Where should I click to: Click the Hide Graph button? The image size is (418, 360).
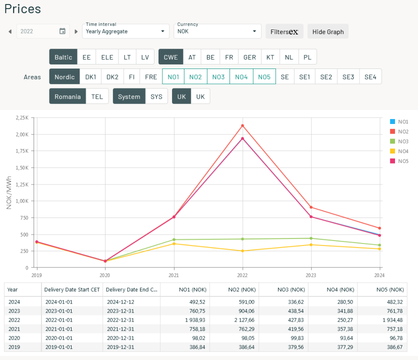(x=328, y=31)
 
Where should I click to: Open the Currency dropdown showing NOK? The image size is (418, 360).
(x=217, y=31)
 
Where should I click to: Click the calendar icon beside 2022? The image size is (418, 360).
(x=62, y=31)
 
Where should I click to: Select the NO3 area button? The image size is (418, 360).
(x=218, y=76)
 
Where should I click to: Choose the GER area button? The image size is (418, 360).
(x=249, y=57)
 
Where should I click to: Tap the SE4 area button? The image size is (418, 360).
(x=370, y=76)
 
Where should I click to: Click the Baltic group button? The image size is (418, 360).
(x=63, y=57)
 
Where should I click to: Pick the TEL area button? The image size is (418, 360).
(x=97, y=96)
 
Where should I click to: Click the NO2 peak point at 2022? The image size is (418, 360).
(x=242, y=125)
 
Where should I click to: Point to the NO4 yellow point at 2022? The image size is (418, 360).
(x=242, y=251)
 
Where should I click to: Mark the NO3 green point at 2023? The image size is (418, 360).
(x=311, y=238)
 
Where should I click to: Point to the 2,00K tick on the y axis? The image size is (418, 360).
(x=21, y=134)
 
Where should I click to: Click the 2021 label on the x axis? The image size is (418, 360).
(x=173, y=275)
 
